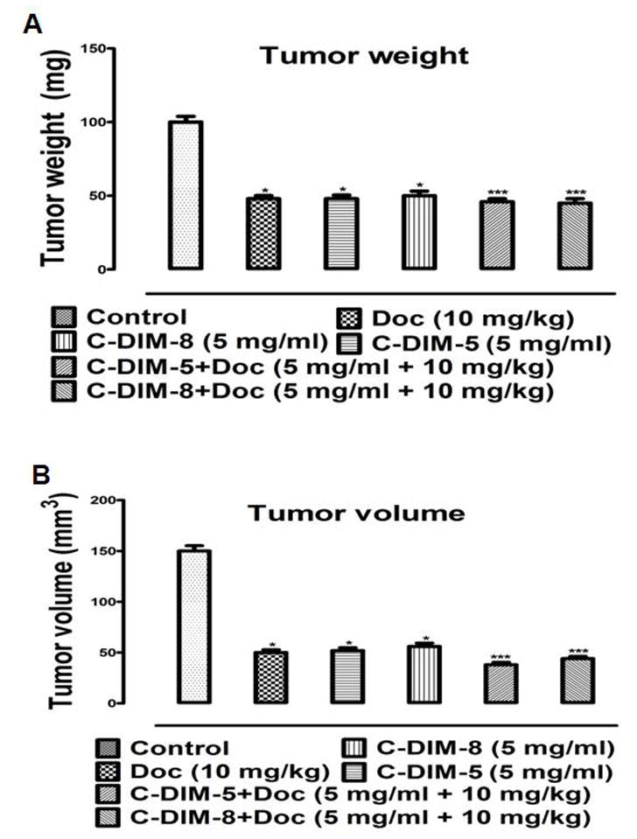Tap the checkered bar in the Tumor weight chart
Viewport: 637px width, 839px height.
pos(263,234)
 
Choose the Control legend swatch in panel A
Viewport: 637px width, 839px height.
pos(66,317)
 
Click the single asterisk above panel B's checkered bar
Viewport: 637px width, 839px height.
pos(273,647)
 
